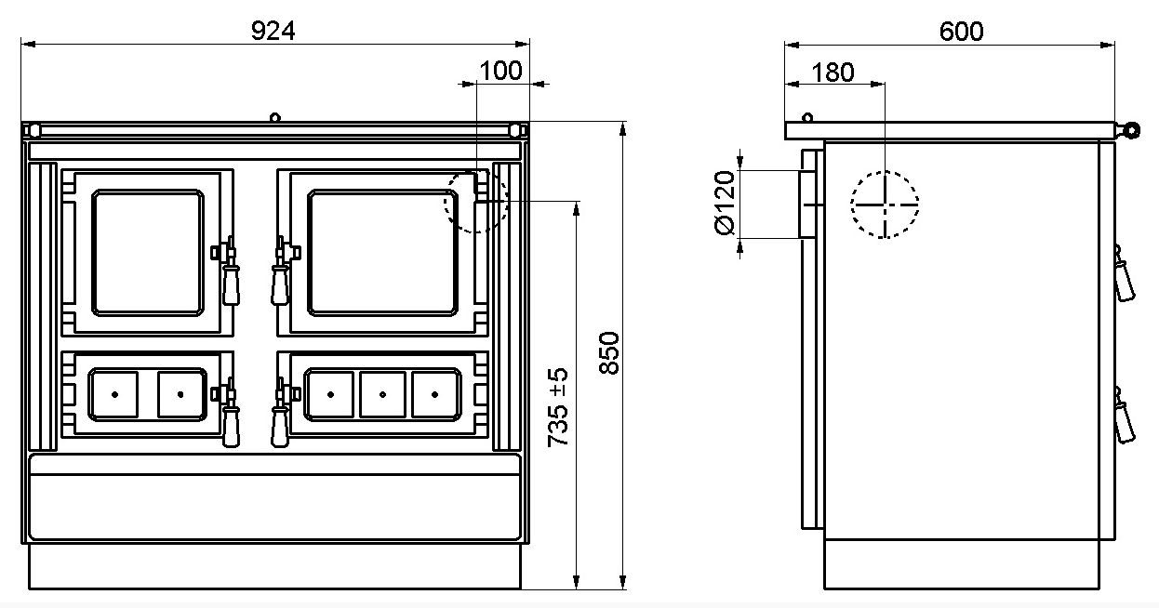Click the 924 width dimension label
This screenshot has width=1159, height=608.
[x=273, y=31]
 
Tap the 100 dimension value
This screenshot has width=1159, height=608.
[x=500, y=71]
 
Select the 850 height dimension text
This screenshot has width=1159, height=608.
[x=609, y=353]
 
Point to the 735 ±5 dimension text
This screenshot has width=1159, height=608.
[x=558, y=407]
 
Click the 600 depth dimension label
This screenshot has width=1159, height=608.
[x=962, y=32]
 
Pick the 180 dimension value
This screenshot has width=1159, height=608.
[x=833, y=73]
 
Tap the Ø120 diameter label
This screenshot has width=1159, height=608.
[x=725, y=203]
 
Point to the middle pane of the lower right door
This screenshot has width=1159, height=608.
[x=382, y=394]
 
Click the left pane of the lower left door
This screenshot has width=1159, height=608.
[x=113, y=394]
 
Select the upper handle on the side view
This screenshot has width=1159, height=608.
[x=1124, y=274]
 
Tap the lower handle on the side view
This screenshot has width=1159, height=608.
[x=1124, y=416]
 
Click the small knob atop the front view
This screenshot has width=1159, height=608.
[x=275, y=117]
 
